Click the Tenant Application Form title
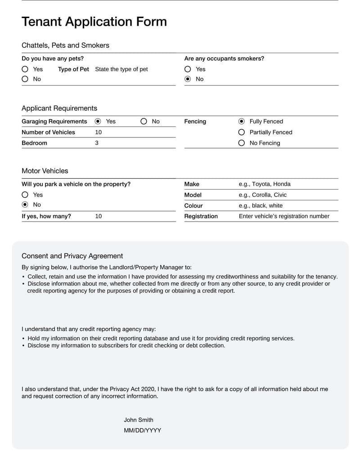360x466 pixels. (94, 22)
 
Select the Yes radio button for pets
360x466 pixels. (25, 69)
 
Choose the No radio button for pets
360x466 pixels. (25, 79)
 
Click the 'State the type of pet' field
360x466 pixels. (121, 69)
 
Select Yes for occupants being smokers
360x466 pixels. (188, 69)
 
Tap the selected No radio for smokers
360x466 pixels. (188, 79)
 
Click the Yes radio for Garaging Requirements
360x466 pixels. (98, 122)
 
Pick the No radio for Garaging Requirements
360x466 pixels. (144, 122)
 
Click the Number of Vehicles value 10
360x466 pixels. (99, 132)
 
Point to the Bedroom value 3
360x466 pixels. (97, 143)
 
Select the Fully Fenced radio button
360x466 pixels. (242, 122)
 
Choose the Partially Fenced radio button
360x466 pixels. (242, 132)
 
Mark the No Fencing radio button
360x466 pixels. (242, 143)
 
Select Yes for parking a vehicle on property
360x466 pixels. (25, 195)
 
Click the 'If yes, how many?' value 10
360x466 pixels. (99, 217)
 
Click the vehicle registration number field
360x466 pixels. (284, 217)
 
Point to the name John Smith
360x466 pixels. (139, 420)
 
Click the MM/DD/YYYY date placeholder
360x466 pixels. (142, 430)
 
